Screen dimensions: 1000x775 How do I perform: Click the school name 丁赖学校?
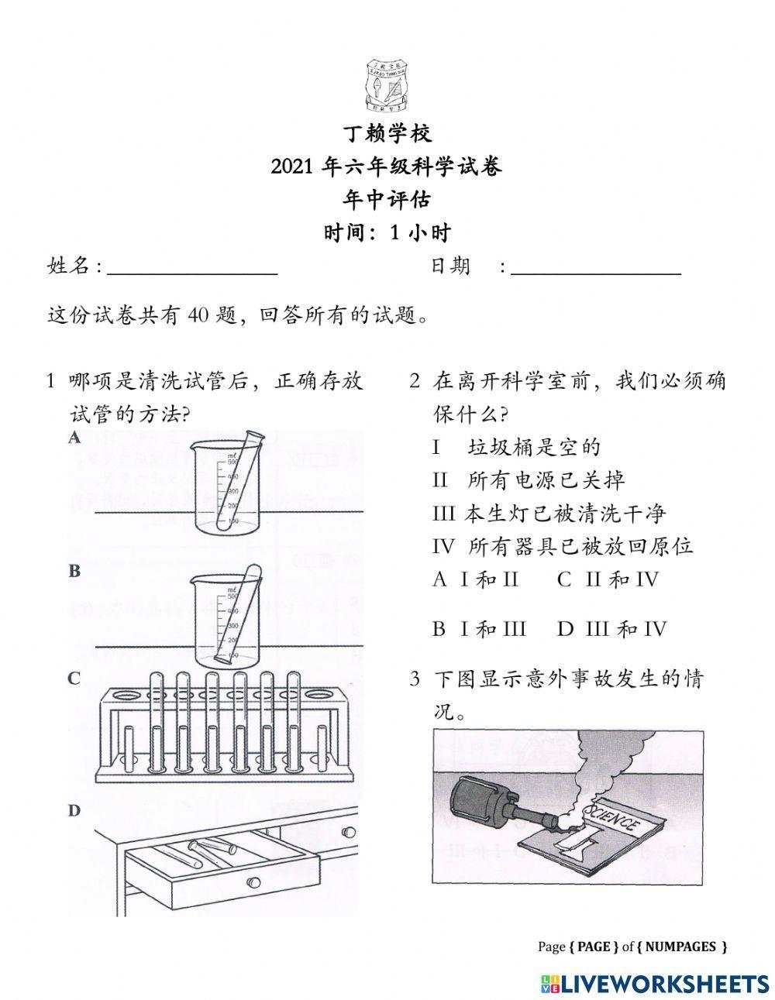click(387, 134)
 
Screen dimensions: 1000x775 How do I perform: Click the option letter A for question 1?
click(74, 438)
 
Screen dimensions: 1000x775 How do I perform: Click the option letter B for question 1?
click(74, 571)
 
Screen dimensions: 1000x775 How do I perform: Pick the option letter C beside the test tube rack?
click(74, 679)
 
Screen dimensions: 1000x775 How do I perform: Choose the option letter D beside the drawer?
click(74, 811)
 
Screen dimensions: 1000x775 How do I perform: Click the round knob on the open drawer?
click(253, 882)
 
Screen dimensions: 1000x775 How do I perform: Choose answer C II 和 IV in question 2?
click(608, 579)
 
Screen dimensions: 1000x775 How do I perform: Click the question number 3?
click(415, 680)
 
